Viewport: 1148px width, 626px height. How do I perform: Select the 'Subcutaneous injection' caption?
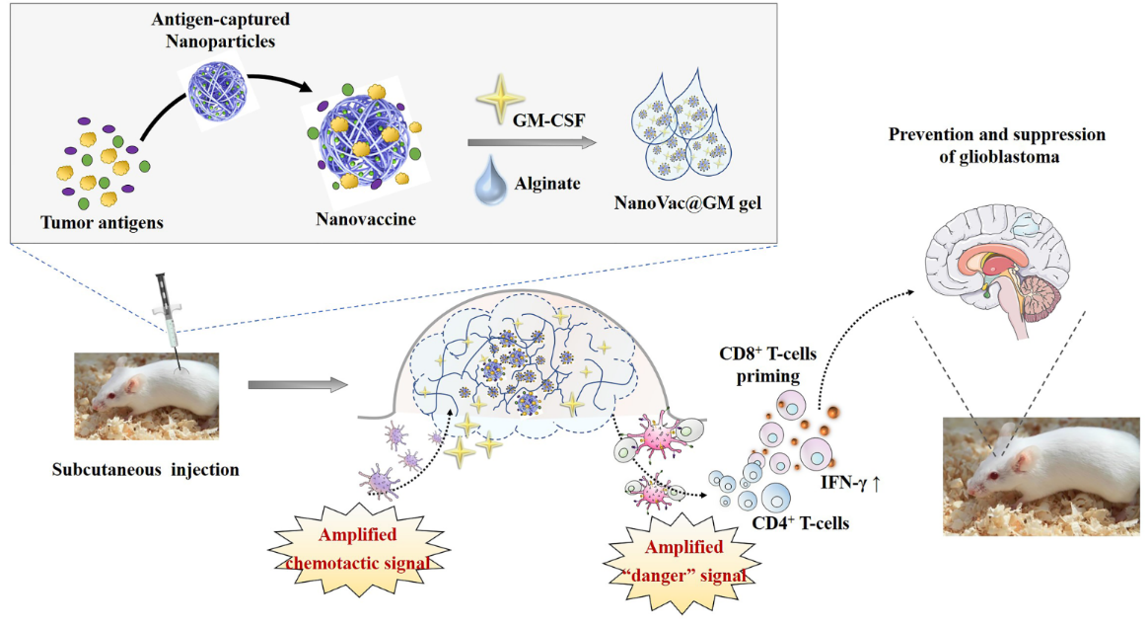[146, 469]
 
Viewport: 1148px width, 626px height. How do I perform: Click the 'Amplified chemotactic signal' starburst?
[357, 548]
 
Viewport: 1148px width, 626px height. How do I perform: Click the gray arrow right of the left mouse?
[297, 383]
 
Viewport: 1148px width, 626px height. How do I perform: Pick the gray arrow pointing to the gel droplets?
[533, 144]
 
